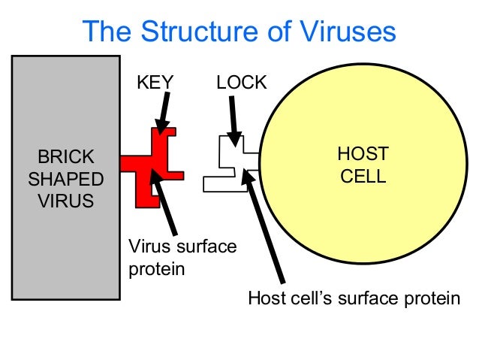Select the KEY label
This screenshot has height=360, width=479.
[x=155, y=82]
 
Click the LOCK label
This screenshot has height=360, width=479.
[x=241, y=82]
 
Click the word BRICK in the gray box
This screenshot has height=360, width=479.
[x=66, y=157]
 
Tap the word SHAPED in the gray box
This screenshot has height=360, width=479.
[x=66, y=179]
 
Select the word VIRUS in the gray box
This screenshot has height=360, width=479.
[x=66, y=201]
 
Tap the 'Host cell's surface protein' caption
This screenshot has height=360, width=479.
[x=354, y=298]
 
